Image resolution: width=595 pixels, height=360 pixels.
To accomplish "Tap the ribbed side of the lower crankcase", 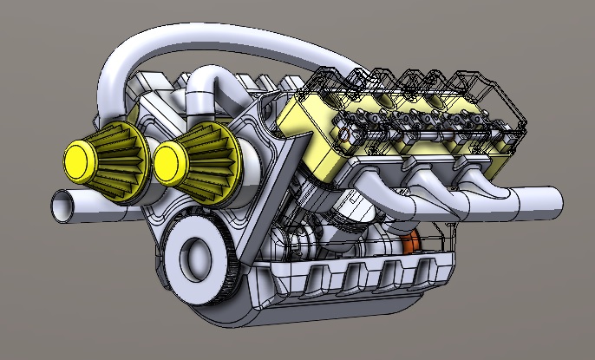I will (x=364, y=278).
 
